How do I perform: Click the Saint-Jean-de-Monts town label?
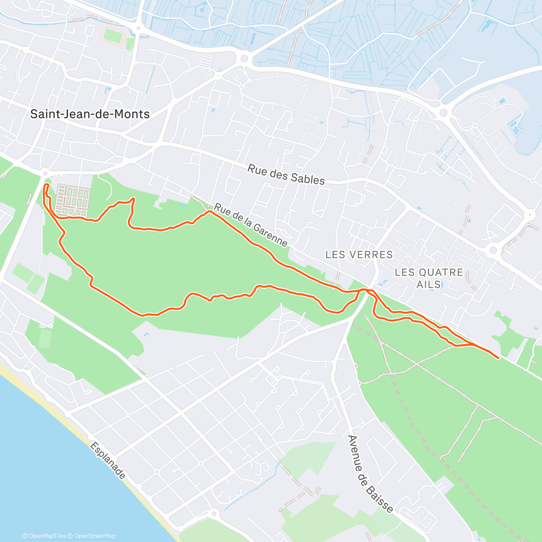[90, 114]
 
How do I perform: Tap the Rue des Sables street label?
[286, 175]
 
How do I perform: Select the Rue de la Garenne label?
[251, 225]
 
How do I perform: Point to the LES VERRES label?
[359, 255]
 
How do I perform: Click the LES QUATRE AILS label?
[429, 278]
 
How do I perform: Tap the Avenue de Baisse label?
[370, 474]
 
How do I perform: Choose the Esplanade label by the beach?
[107, 460]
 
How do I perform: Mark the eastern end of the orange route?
[498, 358]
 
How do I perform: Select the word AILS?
[429, 284]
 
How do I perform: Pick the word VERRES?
[374, 255]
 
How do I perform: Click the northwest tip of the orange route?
[46, 185]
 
